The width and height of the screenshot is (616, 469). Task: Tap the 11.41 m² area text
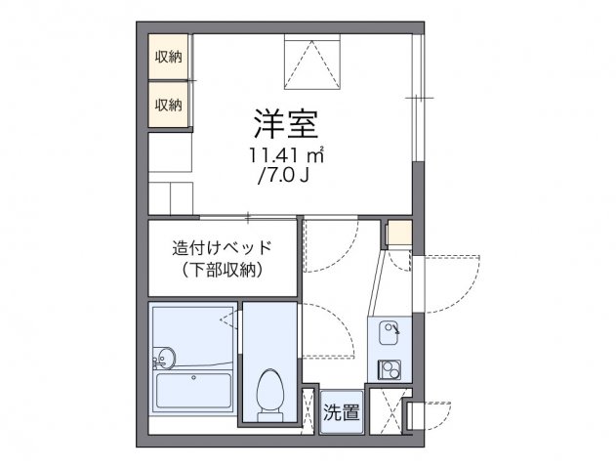pyautogui.click(x=285, y=156)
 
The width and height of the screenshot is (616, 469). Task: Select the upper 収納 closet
pyautogui.click(x=168, y=57)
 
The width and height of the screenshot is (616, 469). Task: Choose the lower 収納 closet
pyautogui.click(x=168, y=104)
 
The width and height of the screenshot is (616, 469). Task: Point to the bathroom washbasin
pyautogui.click(x=164, y=358)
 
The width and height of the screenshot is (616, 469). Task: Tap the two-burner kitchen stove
pyautogui.click(x=390, y=370)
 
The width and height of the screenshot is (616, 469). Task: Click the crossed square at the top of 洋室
pyautogui.click(x=312, y=61)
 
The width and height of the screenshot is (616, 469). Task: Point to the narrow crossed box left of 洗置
pyautogui.click(x=309, y=410)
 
